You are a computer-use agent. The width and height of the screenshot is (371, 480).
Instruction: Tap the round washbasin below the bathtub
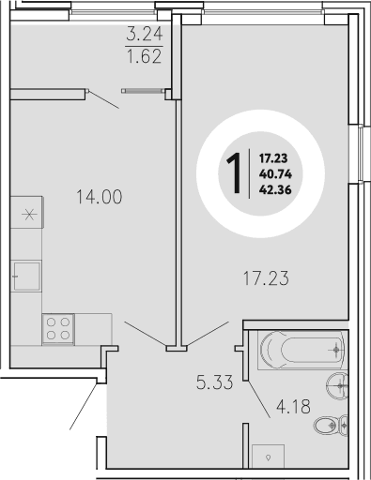[340, 384]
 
